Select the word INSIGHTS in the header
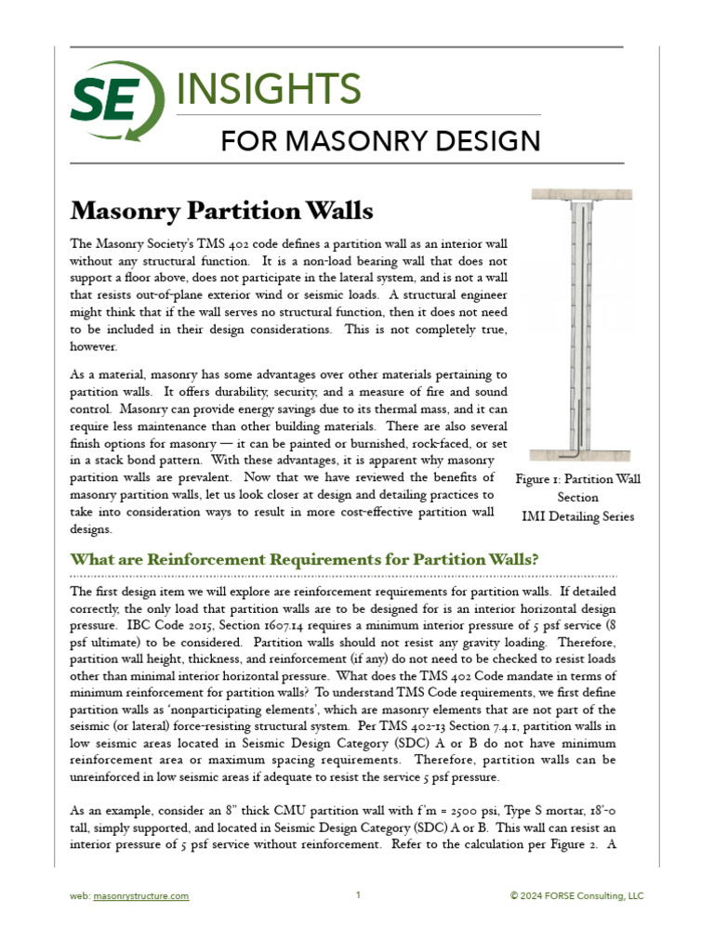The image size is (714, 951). (268, 89)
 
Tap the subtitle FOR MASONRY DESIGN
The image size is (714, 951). (380, 141)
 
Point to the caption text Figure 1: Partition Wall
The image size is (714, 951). (578, 479)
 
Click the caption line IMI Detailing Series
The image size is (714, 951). (578, 516)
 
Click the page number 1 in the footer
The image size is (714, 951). (358, 895)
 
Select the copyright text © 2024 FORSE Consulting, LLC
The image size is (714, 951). (576, 896)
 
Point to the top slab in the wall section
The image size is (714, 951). (581, 195)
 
